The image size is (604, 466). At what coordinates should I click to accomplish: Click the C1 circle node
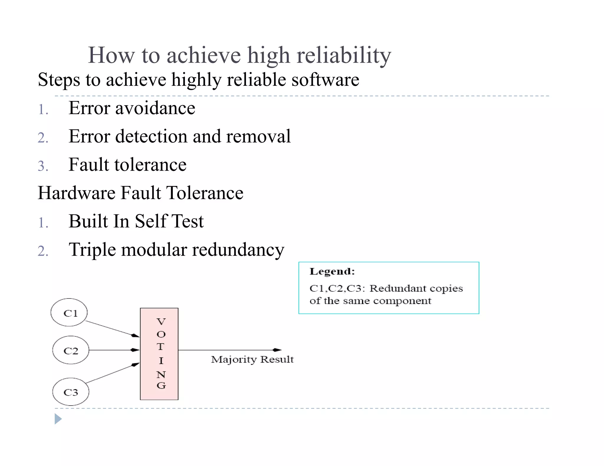pyautogui.click(x=69, y=313)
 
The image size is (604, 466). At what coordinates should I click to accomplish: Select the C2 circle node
pyautogui.click(x=71, y=350)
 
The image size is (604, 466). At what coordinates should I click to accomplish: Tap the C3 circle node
pyautogui.click(x=71, y=392)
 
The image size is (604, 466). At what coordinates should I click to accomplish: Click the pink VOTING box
pyautogui.click(x=159, y=354)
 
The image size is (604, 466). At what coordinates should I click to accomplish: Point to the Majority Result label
pyautogui.click(x=252, y=359)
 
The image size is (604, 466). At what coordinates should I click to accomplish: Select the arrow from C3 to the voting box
pyautogui.click(x=112, y=373)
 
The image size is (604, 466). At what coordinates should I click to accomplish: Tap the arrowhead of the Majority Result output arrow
pyautogui.click(x=277, y=350)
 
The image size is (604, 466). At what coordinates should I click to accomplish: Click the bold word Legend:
pyautogui.click(x=332, y=271)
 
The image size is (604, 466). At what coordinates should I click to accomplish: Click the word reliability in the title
pyautogui.click(x=344, y=55)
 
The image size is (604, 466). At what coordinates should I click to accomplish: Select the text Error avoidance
pyautogui.click(x=132, y=108)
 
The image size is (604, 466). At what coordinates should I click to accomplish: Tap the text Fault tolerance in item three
pyautogui.click(x=127, y=165)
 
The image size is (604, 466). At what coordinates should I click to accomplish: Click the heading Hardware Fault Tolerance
pyautogui.click(x=140, y=193)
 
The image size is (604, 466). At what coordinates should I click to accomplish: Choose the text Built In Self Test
pyautogui.click(x=136, y=221)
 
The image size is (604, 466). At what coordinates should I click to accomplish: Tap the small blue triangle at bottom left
pyautogui.click(x=58, y=419)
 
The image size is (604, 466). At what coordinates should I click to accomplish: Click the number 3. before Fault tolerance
pyautogui.click(x=43, y=166)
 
